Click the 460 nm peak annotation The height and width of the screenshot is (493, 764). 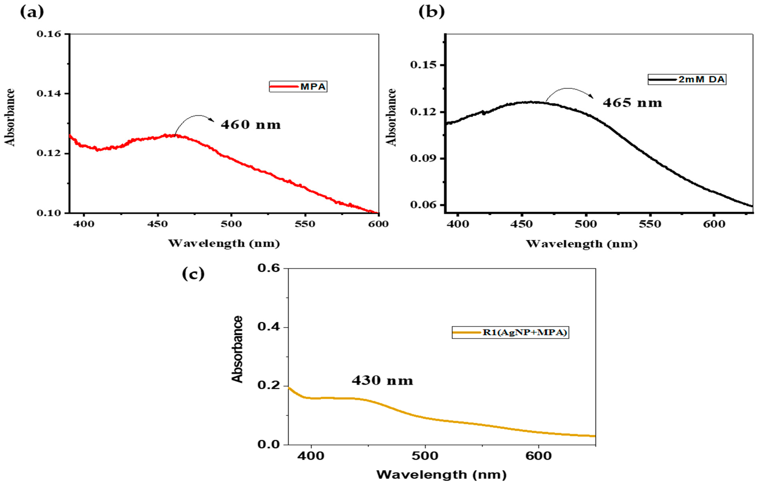[251, 125]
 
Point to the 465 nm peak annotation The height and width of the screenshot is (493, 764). [632, 103]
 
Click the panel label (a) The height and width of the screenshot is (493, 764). [32, 12]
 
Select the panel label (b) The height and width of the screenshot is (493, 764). [431, 12]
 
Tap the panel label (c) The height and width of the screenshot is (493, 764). [193, 274]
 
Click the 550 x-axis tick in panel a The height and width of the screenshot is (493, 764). [305, 224]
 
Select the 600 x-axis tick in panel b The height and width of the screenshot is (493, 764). [714, 224]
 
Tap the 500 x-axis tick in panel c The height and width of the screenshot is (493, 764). [425, 456]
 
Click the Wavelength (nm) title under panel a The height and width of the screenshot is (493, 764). [224, 243]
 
